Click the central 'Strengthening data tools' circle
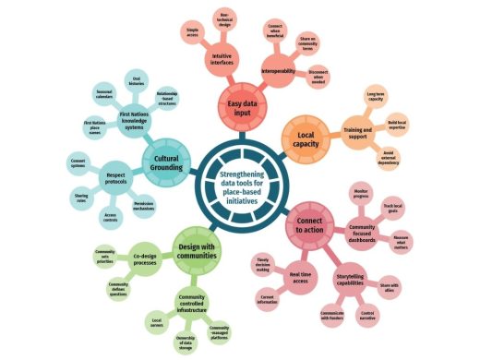(239, 174)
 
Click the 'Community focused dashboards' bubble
(359, 234)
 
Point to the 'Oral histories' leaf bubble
(135, 79)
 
